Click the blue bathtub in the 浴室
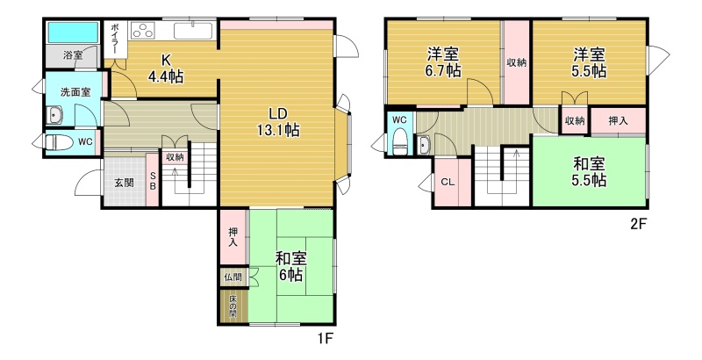73,32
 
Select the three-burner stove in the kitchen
143,31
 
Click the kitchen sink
193,31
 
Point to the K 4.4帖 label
165,69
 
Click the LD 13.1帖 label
278,122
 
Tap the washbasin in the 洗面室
54,116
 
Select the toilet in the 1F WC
59,142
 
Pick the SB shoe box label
153,181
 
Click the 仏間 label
233,277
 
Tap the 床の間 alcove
233,307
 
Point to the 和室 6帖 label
291,267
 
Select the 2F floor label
639,223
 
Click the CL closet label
448,182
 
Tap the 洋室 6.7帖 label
443,63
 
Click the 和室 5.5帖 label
590,172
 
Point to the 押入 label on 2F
618,120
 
